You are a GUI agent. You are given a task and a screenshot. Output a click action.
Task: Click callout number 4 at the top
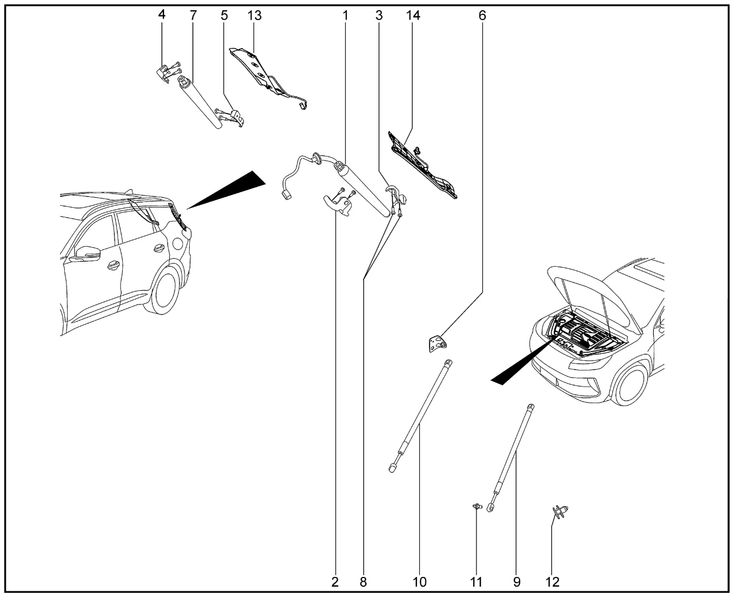[162, 15]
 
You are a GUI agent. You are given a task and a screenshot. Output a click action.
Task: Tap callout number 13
[254, 15]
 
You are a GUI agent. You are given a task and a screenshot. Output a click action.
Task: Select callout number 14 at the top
[413, 15]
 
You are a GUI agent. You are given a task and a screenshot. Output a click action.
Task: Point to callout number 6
[482, 15]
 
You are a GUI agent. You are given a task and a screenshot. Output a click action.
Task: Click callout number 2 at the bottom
[335, 582]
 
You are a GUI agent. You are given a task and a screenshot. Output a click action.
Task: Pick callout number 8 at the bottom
[363, 582]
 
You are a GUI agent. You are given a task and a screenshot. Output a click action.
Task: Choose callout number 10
[420, 582]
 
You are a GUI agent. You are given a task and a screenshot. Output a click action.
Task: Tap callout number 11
[477, 582]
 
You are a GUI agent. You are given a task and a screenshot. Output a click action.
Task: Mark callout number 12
[552, 582]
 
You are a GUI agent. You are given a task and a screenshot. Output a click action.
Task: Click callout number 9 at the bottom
[517, 582]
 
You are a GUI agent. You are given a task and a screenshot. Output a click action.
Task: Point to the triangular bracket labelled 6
[438, 345]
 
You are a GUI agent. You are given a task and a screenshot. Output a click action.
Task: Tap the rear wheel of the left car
[167, 290]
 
